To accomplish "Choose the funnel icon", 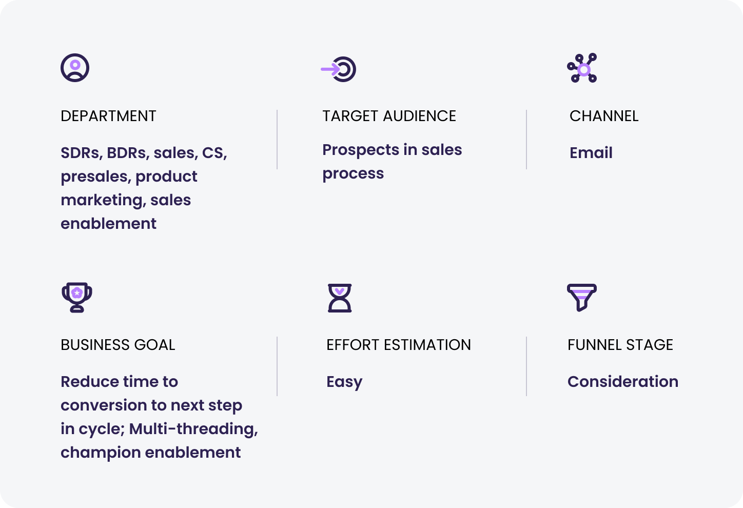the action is (x=582, y=298).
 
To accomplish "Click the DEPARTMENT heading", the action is (x=108, y=116).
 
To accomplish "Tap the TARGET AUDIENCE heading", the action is (x=389, y=116).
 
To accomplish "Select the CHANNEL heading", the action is (x=603, y=116).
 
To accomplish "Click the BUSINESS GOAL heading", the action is (x=118, y=345).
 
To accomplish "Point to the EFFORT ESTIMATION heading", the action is (x=398, y=345).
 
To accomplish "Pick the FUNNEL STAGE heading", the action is (x=620, y=345).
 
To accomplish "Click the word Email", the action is (x=591, y=152).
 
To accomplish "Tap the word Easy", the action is (x=344, y=382).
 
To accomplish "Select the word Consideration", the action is (x=623, y=382).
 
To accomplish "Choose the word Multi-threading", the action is (x=193, y=429).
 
